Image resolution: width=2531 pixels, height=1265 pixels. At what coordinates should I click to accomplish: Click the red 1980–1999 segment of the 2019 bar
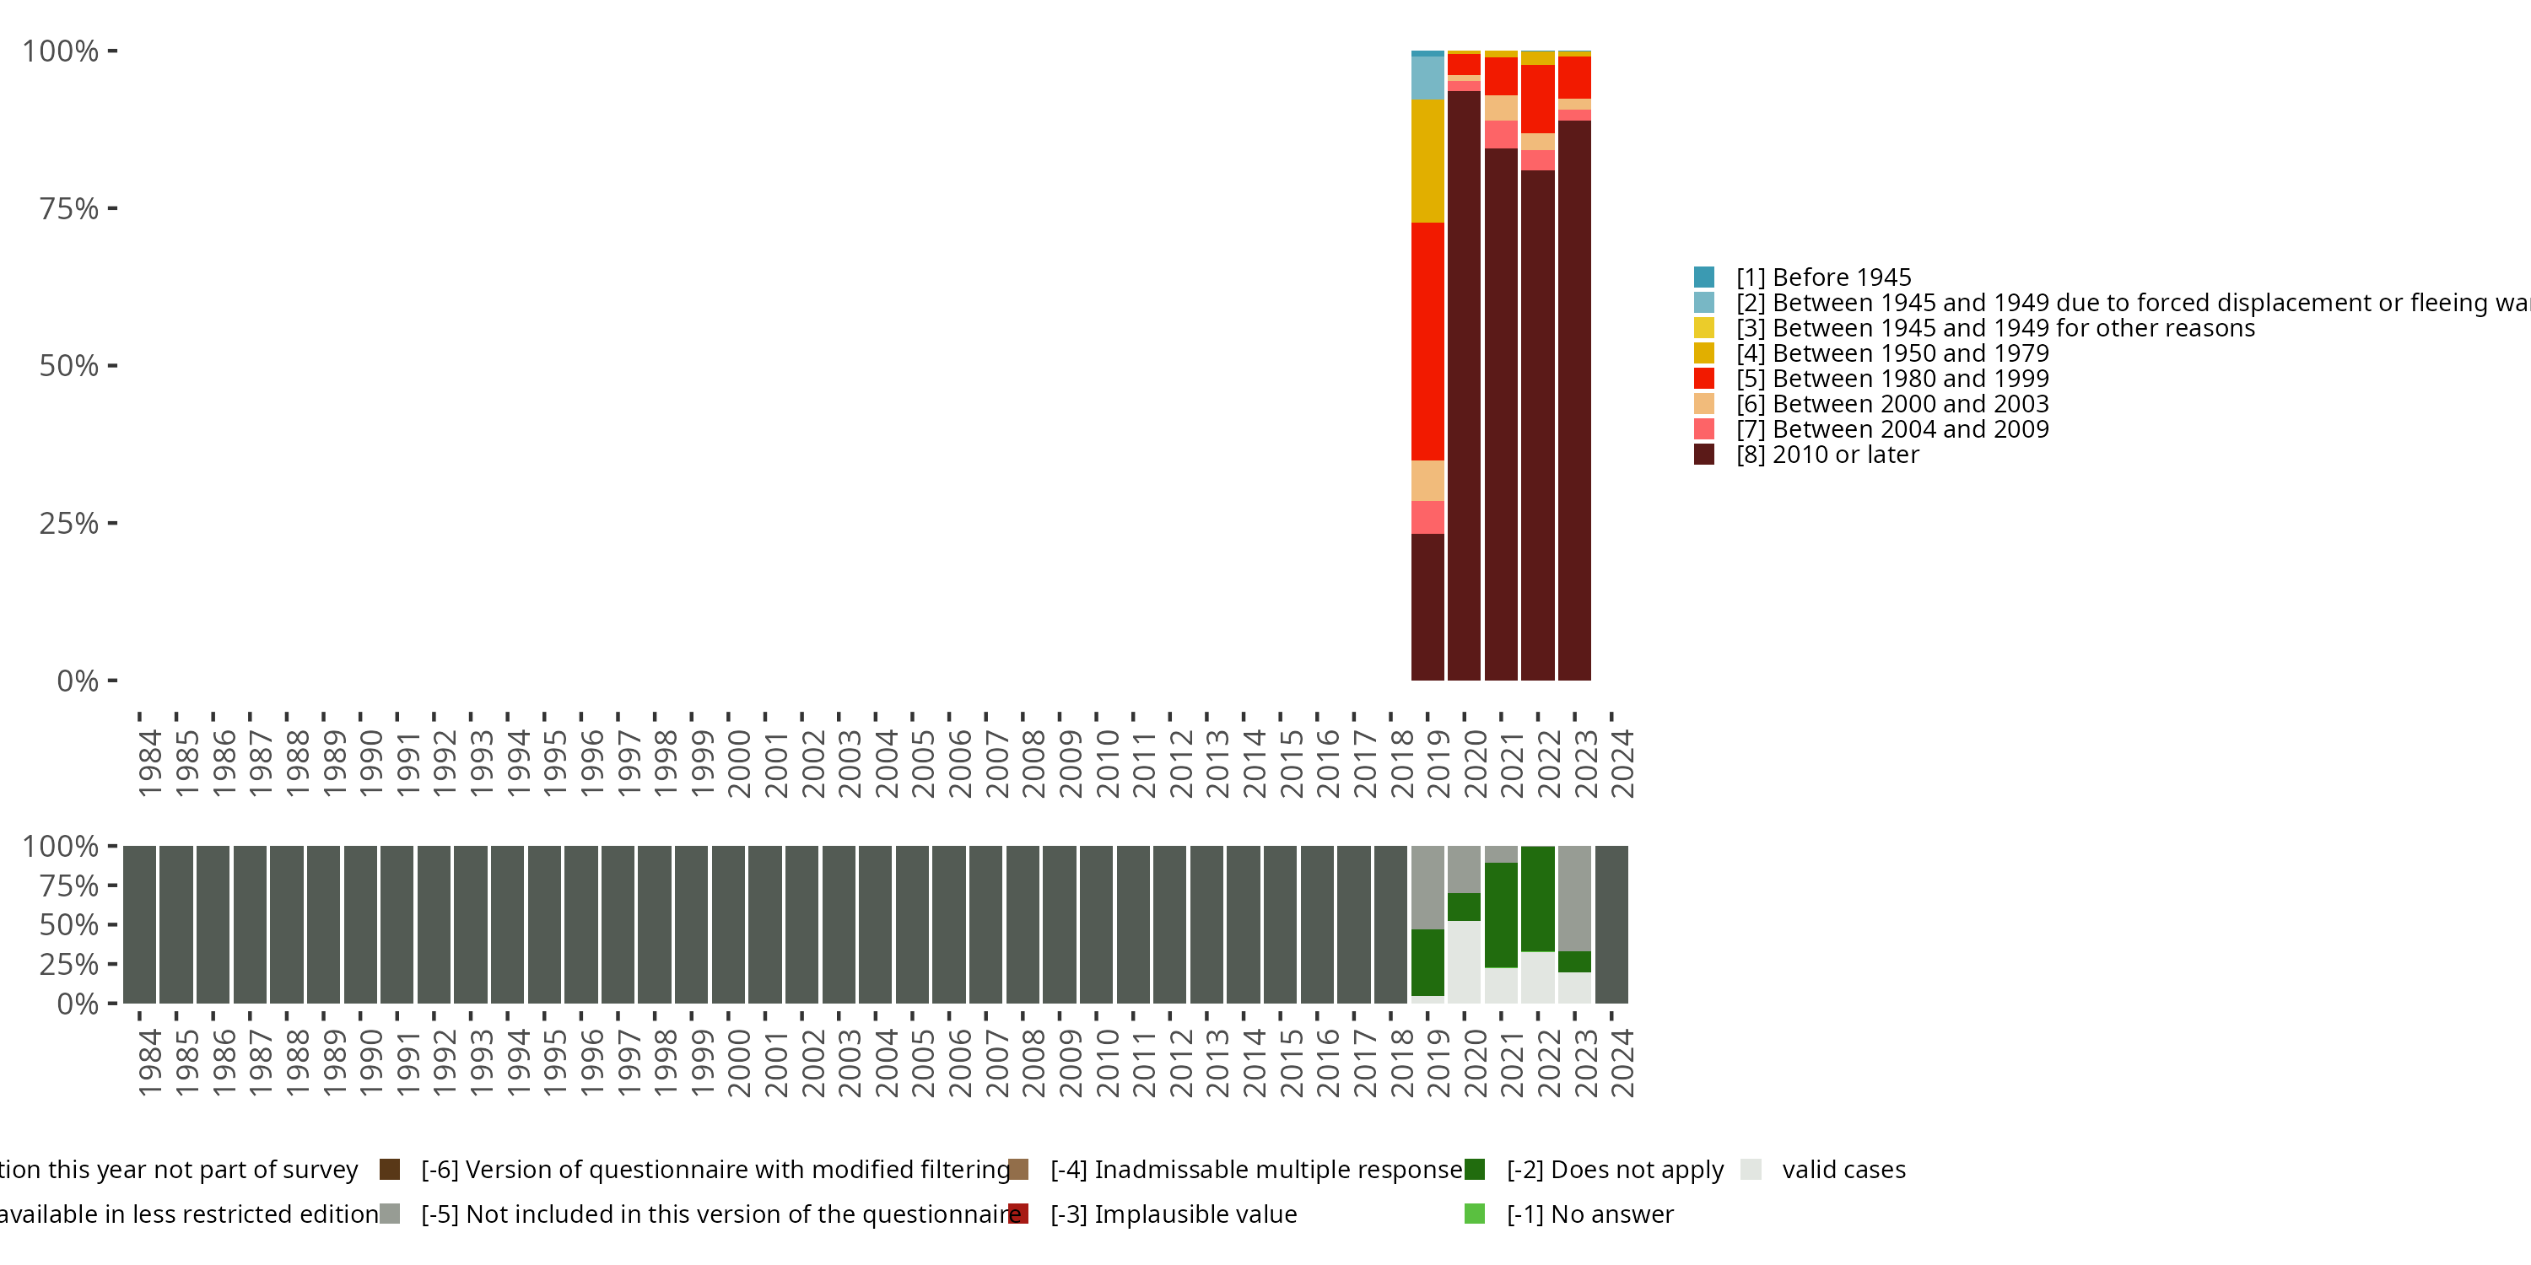pos(1427,341)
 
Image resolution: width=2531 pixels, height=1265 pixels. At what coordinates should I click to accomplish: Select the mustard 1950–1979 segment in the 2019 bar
pos(1427,161)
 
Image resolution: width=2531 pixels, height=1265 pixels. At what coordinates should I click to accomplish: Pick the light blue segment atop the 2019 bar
pos(1427,78)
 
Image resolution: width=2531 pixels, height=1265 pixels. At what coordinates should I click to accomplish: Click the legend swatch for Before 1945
pos(1703,277)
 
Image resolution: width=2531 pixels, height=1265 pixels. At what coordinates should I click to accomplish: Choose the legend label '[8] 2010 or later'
pos(1827,455)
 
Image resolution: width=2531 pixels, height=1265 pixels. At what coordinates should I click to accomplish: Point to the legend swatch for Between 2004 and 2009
pos(1703,429)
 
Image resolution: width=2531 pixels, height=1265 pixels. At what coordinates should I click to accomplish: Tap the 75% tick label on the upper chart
pos(69,208)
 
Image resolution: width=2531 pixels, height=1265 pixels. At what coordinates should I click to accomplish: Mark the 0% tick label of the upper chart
pos(78,681)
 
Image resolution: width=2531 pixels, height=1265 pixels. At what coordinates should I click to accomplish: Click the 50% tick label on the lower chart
pos(69,924)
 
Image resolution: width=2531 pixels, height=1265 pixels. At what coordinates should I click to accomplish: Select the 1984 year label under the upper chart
pos(149,762)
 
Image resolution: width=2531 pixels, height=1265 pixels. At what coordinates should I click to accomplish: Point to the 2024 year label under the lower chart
pos(1623,1063)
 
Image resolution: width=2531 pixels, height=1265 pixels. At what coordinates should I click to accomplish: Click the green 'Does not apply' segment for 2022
pos(1538,899)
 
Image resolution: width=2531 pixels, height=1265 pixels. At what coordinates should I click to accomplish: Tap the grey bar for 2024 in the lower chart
pos(1611,924)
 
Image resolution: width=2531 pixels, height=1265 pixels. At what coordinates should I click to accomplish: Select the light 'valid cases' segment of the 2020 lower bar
pos(1464,961)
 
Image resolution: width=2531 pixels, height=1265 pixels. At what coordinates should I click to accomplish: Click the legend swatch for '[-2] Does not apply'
pos(1475,1169)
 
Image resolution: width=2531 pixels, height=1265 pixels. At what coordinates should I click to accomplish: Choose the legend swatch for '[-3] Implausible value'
pos(1019,1214)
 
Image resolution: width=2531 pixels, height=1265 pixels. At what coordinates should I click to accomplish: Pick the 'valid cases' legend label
pos(1843,1169)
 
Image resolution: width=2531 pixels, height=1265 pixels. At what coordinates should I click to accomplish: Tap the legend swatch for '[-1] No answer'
pos(1475,1214)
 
